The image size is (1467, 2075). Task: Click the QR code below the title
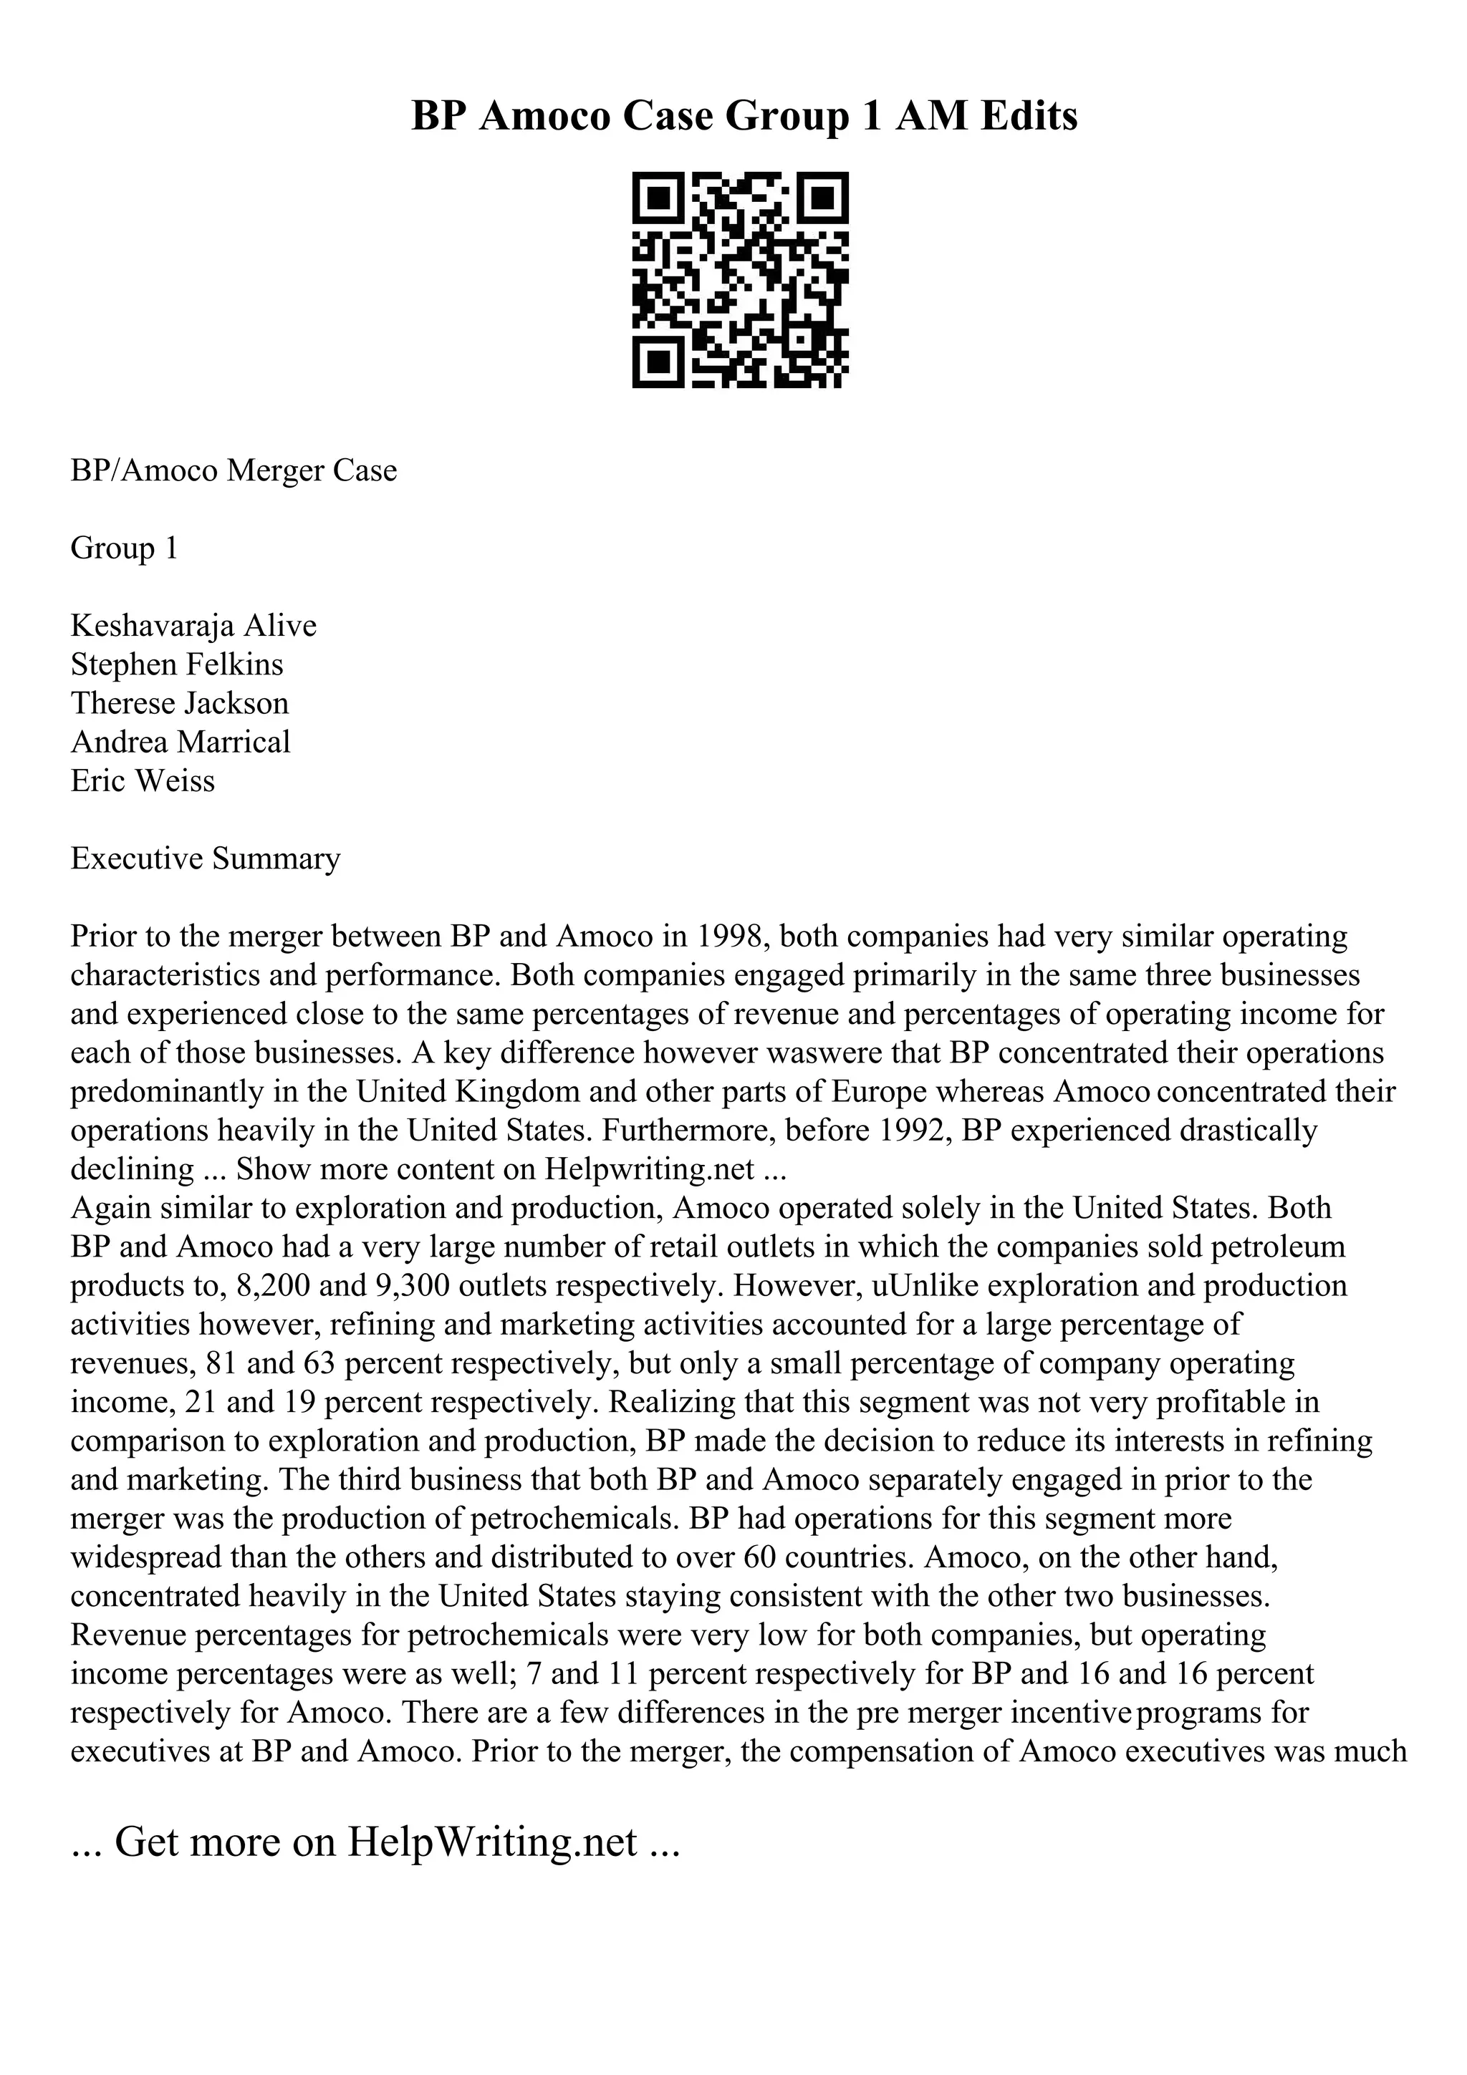tap(739, 280)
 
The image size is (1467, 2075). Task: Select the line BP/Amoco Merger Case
tap(234, 471)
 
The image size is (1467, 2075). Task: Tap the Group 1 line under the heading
tap(124, 548)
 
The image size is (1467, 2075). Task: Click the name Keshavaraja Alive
tap(193, 625)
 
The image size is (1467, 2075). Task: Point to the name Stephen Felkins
tap(177, 664)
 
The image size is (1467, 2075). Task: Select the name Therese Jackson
tap(180, 703)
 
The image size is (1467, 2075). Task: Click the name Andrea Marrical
tap(181, 742)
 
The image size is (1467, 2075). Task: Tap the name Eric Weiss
tap(143, 781)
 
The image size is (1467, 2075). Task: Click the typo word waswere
tap(836, 1053)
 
